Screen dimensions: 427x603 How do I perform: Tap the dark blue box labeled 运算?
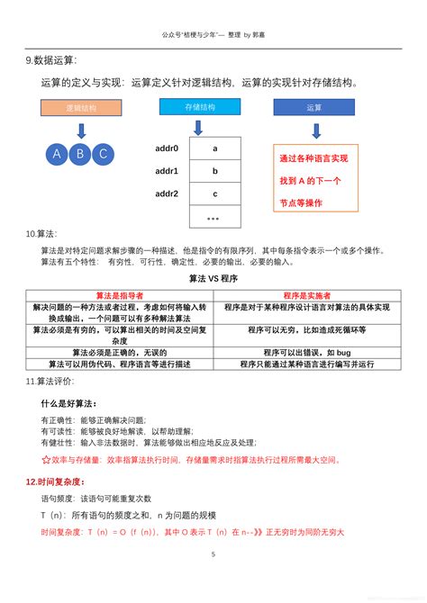coord(314,107)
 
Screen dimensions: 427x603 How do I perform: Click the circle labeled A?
coord(57,153)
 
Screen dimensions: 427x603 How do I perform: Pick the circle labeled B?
coord(79,153)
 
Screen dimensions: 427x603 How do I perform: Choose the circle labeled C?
coord(102,153)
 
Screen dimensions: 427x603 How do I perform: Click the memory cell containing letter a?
coord(214,148)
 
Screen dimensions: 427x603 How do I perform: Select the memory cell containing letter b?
coord(214,171)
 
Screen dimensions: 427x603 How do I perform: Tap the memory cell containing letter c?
coord(214,193)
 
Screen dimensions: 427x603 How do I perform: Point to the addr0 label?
coord(167,148)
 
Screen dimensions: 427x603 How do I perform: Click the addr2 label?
coord(167,193)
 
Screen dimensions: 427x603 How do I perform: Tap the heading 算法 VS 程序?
coord(213,279)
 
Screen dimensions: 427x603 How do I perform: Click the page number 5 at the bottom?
coord(213,554)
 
